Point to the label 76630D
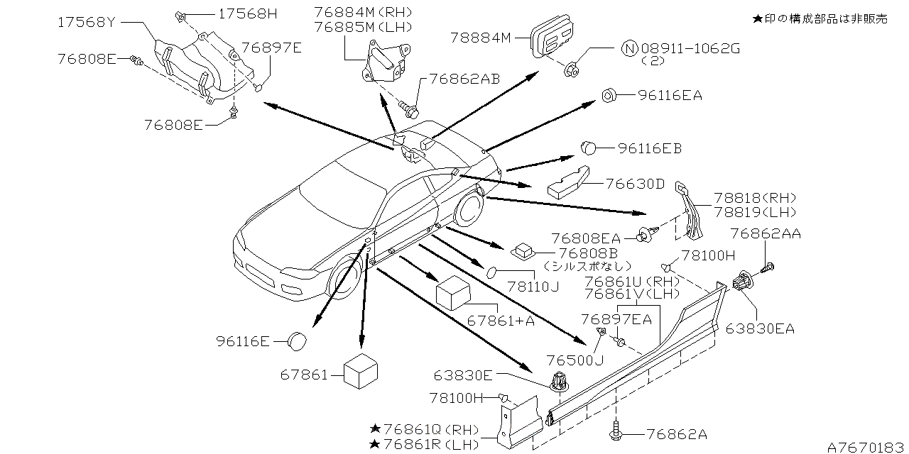coord(636,184)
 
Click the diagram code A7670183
coord(866,446)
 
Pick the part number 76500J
coord(575,360)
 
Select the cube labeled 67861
coord(361,370)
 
